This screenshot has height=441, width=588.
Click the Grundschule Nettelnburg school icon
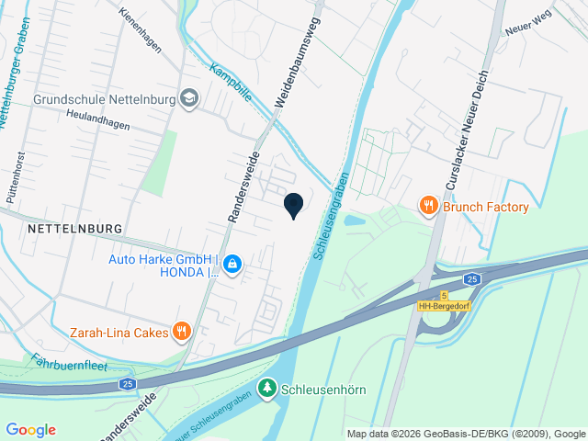click(x=190, y=98)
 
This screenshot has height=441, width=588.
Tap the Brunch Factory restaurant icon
click(x=428, y=207)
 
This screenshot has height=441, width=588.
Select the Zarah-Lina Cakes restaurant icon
click(x=183, y=331)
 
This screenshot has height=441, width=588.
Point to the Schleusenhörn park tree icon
click(x=267, y=390)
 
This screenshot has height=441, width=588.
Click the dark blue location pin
click(x=293, y=205)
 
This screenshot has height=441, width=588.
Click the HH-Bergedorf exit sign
click(x=444, y=306)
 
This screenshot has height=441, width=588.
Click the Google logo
click(x=30, y=429)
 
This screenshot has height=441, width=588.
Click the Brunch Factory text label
click(x=486, y=207)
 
